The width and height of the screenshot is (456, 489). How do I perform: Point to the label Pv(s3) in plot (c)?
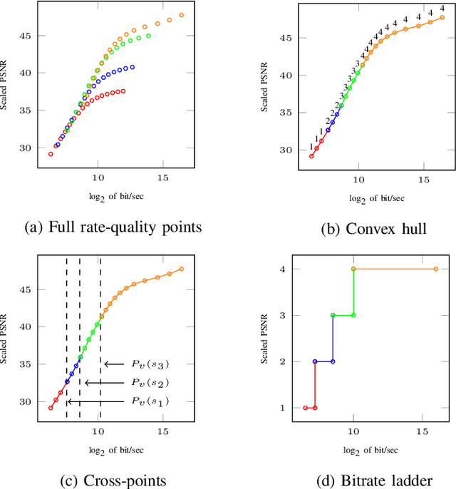click(150, 364)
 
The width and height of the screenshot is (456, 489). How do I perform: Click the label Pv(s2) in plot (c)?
click(150, 383)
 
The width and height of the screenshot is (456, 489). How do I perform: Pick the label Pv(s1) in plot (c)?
click(150, 402)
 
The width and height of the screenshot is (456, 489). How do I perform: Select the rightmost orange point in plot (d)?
click(436, 269)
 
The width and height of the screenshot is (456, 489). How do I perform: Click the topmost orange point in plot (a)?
click(181, 15)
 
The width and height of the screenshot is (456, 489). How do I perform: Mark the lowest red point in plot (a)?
click(51, 153)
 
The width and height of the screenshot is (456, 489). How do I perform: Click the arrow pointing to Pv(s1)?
click(93, 402)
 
